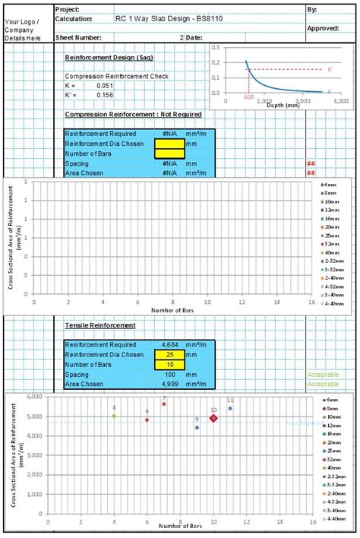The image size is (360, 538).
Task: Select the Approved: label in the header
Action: coord(323,28)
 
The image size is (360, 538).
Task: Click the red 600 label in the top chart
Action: coord(249,98)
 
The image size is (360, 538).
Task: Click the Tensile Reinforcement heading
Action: coord(100,325)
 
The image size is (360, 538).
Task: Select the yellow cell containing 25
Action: coord(169,355)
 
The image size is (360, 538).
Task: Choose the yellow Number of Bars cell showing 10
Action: coord(169,365)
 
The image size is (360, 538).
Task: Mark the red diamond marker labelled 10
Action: coord(213,417)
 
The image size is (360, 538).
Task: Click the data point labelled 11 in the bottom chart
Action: coord(230,409)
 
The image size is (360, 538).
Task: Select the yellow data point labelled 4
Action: coord(114,416)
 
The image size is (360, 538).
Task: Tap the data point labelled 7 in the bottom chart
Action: coord(163,404)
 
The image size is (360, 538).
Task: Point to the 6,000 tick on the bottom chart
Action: coord(34,397)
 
